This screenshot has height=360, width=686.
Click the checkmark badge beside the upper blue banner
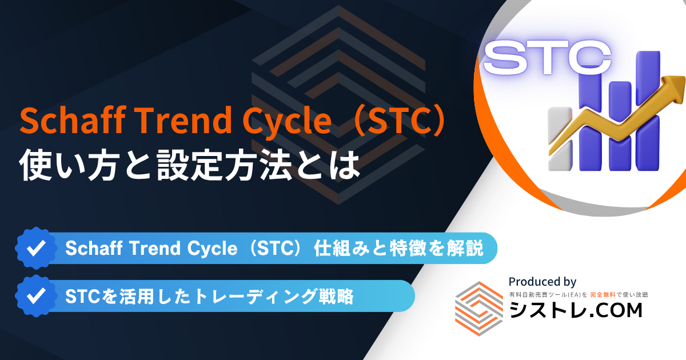pos(36,248)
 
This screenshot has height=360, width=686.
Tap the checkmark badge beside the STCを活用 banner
pos(36,296)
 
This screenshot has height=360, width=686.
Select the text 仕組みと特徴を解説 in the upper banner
pos(398,248)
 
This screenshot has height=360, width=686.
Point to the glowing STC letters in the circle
pos(547,58)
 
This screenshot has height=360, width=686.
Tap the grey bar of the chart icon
pos(560,139)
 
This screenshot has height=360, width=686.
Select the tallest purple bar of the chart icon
pos(648,110)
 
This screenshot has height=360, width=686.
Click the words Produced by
pos(543,282)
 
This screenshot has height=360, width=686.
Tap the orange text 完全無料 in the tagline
pos(603,294)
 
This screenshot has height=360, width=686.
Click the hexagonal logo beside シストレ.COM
pos(479,309)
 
